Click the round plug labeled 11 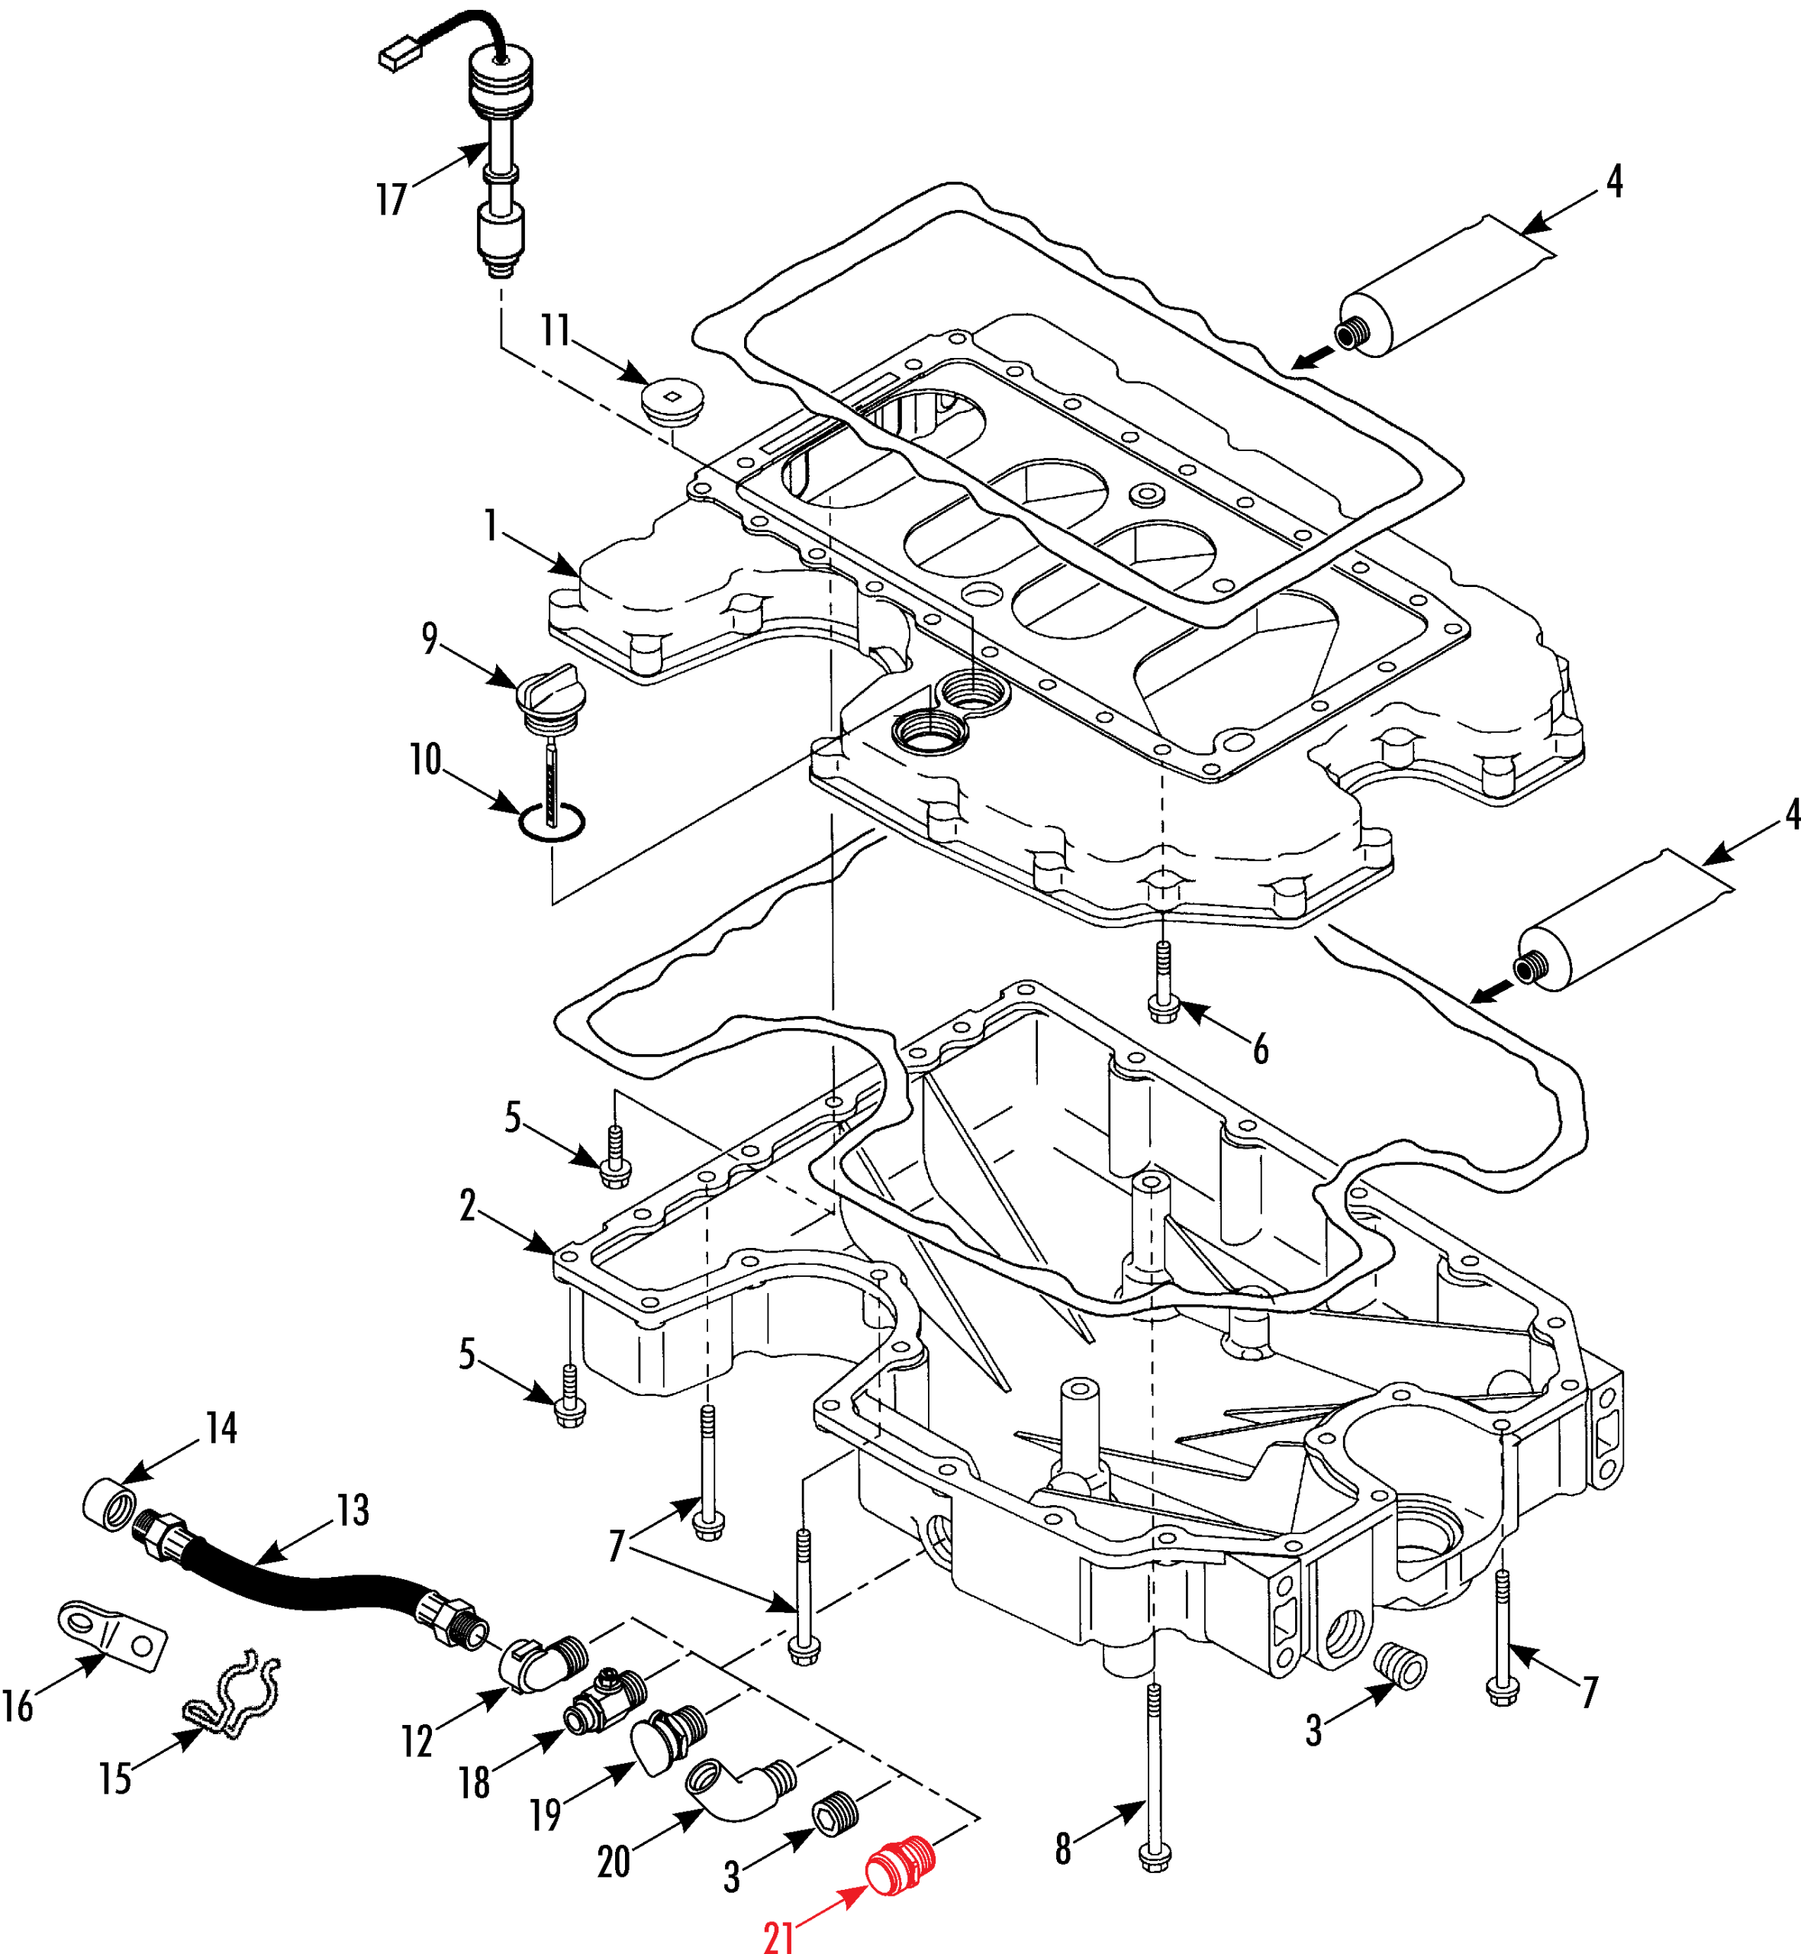[x=672, y=401]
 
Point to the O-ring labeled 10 [x=552, y=821]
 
